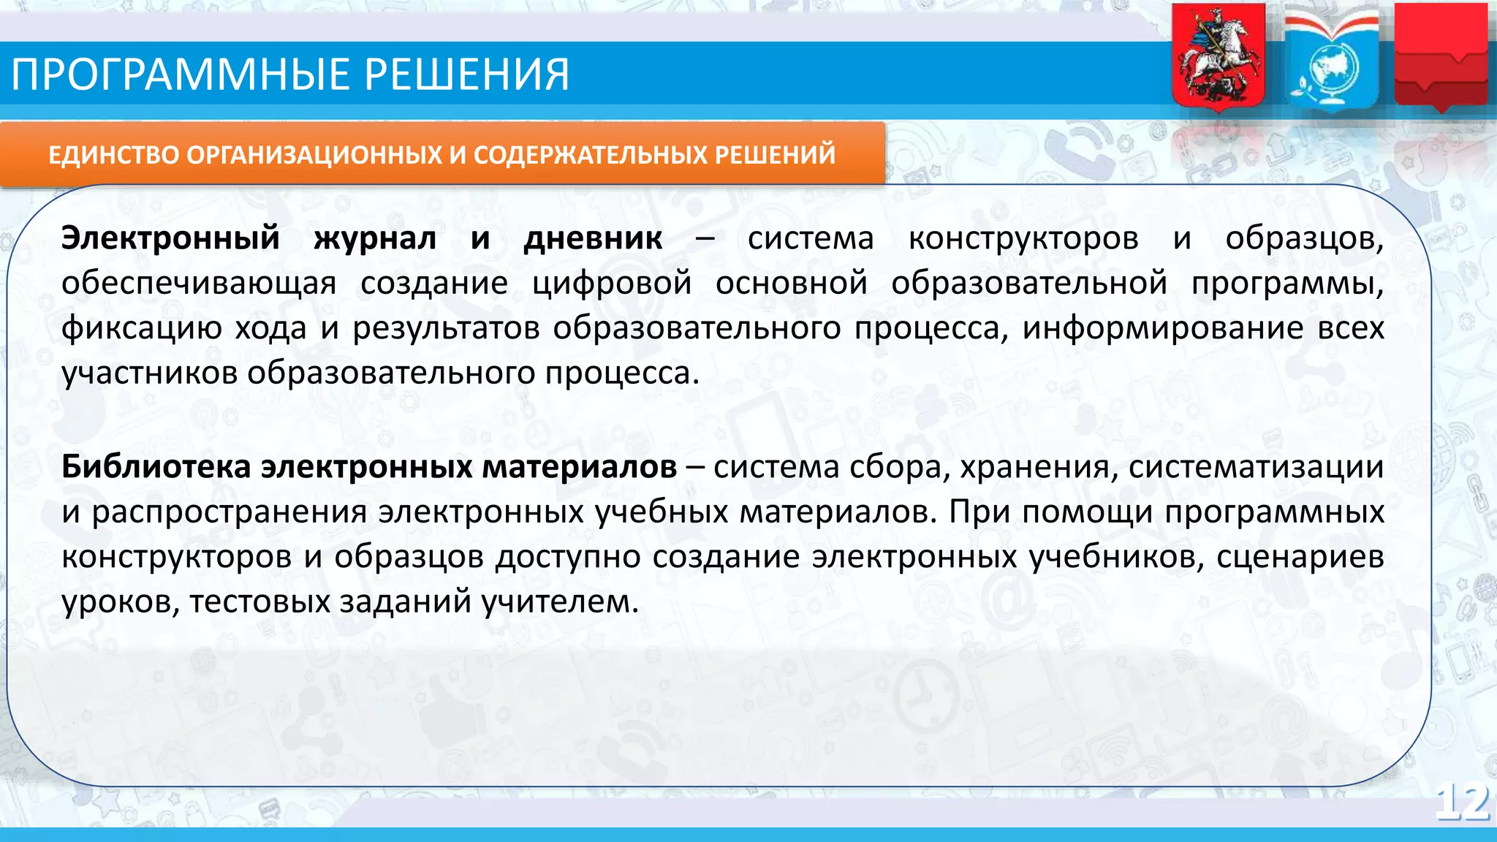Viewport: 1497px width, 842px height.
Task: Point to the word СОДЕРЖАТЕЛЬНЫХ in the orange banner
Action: (x=591, y=155)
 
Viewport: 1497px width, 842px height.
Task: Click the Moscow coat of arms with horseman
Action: (x=1218, y=57)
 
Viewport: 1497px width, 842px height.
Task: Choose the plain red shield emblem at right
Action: (x=1441, y=57)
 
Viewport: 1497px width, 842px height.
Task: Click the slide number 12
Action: (x=1462, y=803)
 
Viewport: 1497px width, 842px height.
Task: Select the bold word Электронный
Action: (x=170, y=238)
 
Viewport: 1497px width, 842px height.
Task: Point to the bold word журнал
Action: (x=375, y=238)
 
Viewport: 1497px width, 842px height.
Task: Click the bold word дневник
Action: (x=593, y=238)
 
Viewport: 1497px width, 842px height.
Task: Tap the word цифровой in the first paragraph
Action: (x=611, y=284)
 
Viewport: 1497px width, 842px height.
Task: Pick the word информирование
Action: (x=1162, y=328)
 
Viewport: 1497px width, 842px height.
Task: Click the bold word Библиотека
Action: (x=156, y=467)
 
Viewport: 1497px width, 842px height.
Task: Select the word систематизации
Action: (x=1256, y=467)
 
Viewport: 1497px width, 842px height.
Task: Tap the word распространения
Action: (x=229, y=512)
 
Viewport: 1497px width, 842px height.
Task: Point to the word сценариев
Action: (x=1300, y=557)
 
